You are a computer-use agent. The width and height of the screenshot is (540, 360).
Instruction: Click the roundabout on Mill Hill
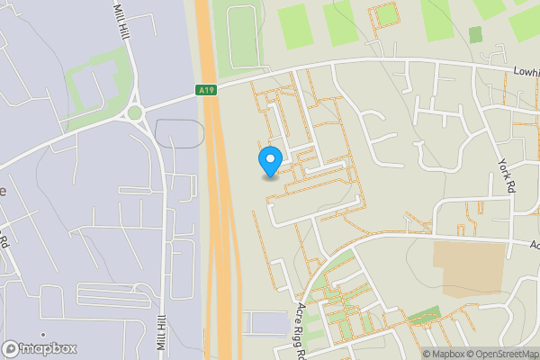click(136, 112)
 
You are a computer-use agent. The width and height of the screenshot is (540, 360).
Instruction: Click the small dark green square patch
click(475, 34)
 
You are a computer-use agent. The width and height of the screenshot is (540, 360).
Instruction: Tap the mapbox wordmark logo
click(48, 348)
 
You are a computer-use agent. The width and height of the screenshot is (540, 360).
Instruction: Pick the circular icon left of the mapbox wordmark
click(12, 348)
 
